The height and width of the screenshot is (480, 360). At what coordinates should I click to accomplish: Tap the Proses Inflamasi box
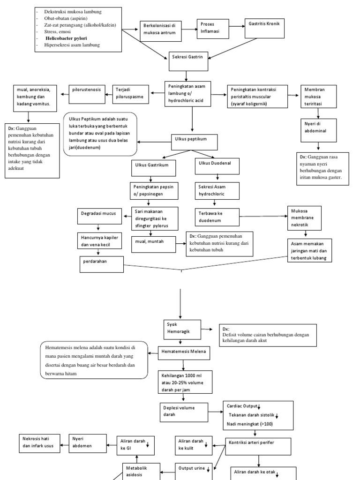pos(212,29)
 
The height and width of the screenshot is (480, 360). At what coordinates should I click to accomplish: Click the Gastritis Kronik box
pos(264,28)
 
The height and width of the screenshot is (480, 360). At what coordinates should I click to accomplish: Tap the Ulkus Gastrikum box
pos(150,165)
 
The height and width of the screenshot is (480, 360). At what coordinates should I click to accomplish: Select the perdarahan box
pos(101,264)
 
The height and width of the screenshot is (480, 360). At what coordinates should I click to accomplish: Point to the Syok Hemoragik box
pos(182,330)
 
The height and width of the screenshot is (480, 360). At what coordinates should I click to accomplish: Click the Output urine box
pos(194,467)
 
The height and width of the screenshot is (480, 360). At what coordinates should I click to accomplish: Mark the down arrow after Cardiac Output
pos(259,406)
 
